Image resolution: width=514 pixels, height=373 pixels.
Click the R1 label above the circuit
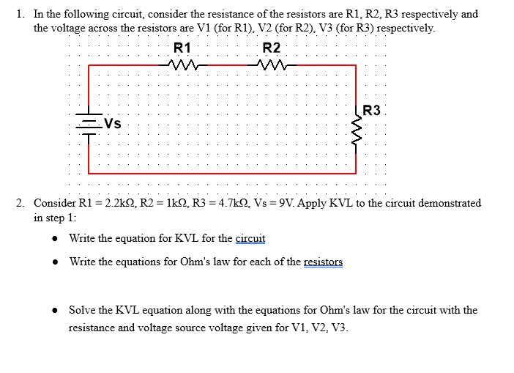(x=183, y=48)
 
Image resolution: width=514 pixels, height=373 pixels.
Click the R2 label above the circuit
(x=271, y=48)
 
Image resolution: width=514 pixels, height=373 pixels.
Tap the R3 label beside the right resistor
(x=372, y=111)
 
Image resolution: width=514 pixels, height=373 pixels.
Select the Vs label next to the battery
(x=112, y=124)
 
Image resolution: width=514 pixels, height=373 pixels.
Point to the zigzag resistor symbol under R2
(x=272, y=65)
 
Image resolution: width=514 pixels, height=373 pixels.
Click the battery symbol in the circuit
(x=89, y=126)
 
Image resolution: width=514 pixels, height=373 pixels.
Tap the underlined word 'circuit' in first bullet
(x=250, y=238)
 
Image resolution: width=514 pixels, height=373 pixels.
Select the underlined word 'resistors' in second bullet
(x=323, y=262)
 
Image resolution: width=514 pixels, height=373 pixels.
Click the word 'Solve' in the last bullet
(x=83, y=310)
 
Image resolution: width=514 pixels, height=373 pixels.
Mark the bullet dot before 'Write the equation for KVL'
(x=56, y=239)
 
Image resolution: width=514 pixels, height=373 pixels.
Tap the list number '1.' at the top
(x=20, y=14)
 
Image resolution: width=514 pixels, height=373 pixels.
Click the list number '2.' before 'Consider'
(x=20, y=203)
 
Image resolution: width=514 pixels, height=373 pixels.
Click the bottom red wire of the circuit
(x=220, y=173)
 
